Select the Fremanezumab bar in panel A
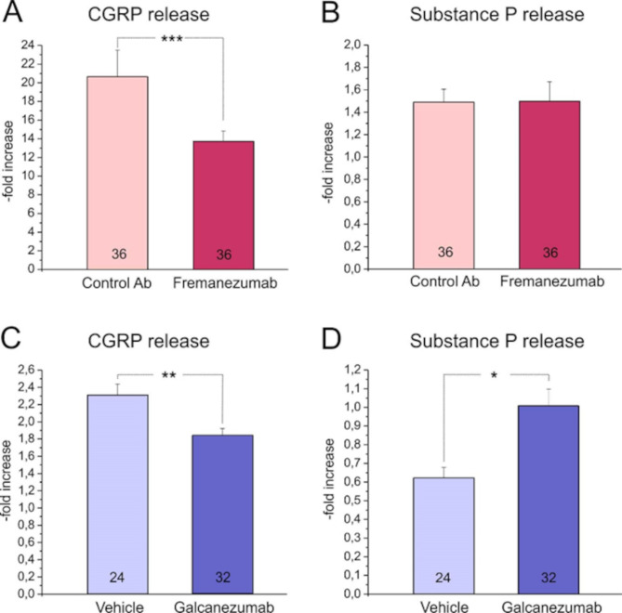(x=223, y=205)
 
